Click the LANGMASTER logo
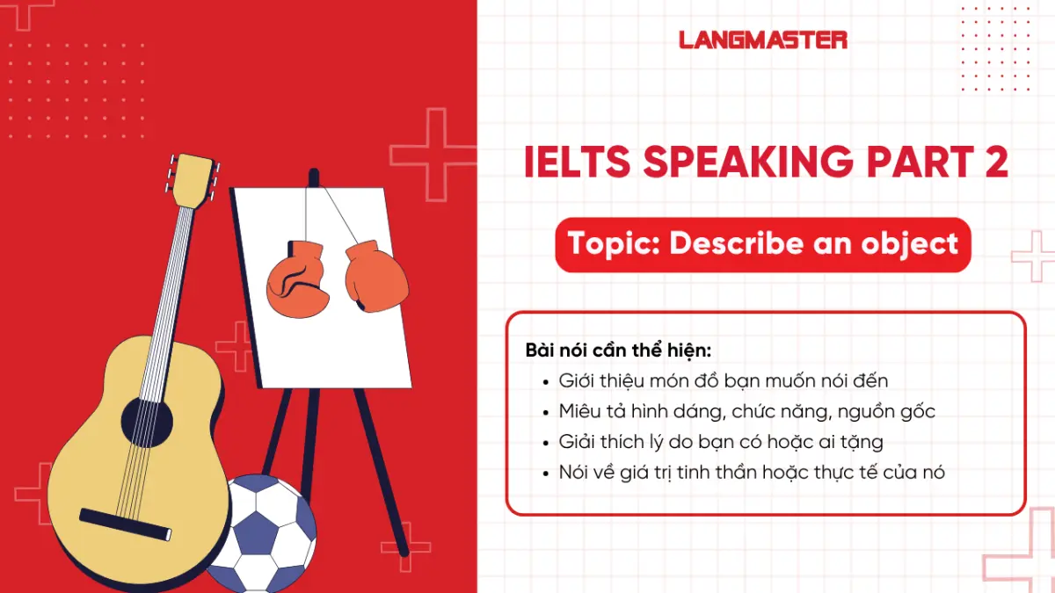coord(763,40)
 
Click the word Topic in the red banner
coord(614,243)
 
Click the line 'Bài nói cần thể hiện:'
coord(617,350)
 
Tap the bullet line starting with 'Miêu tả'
coord(746,411)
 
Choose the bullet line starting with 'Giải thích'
coord(721,442)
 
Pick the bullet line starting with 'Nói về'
coord(752,473)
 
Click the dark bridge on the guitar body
coord(125,524)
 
